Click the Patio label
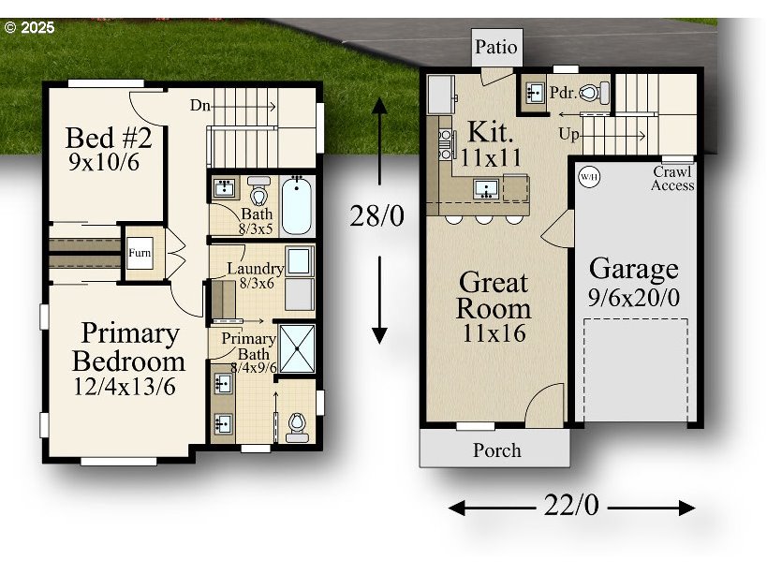coord(495,47)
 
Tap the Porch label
coord(496,450)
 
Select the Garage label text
coord(634,270)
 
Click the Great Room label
coord(494,295)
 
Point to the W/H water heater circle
coord(588,176)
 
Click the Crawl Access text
coord(672,179)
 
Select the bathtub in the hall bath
coord(298,205)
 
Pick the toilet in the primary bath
coord(297,426)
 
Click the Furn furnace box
coord(140,252)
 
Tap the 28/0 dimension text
coord(377,216)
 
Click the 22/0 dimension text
coord(571,506)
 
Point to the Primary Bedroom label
coord(128,346)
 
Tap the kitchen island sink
coord(485,188)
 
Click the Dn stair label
coord(199,105)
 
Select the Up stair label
coord(568,135)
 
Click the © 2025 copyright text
coord(29,27)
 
